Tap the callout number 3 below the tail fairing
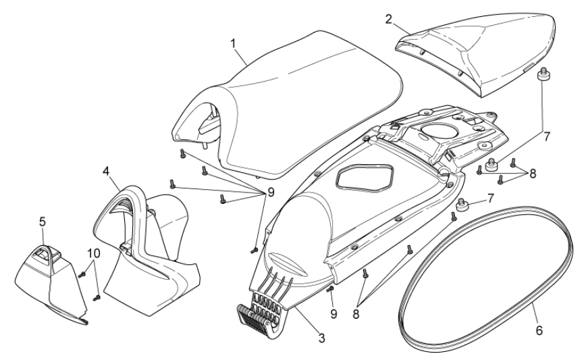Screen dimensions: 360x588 [321, 336]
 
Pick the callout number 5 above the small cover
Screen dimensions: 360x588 [42, 221]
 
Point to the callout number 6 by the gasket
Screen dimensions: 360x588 [539, 331]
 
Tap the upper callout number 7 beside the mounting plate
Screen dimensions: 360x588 [547, 136]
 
